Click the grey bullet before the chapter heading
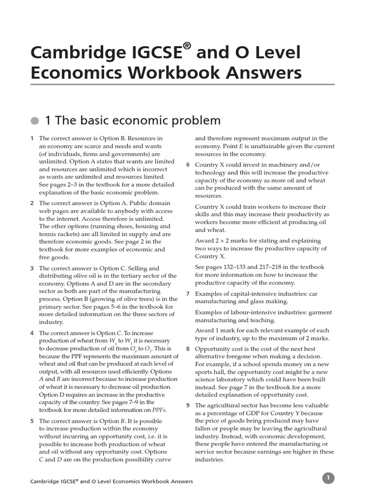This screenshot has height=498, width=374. click(34, 120)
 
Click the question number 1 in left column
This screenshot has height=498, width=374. click(32, 139)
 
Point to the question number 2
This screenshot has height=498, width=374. click(32, 203)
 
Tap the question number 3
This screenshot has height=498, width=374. click(32, 268)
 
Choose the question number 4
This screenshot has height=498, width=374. click(32, 333)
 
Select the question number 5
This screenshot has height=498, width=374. click(32, 421)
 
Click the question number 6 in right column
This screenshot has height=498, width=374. click(188, 165)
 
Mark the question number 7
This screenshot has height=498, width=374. click(188, 294)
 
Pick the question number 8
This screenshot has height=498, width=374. click(188, 349)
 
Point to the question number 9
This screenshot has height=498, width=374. click(188, 406)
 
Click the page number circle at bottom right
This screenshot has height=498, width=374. click(328, 478)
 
